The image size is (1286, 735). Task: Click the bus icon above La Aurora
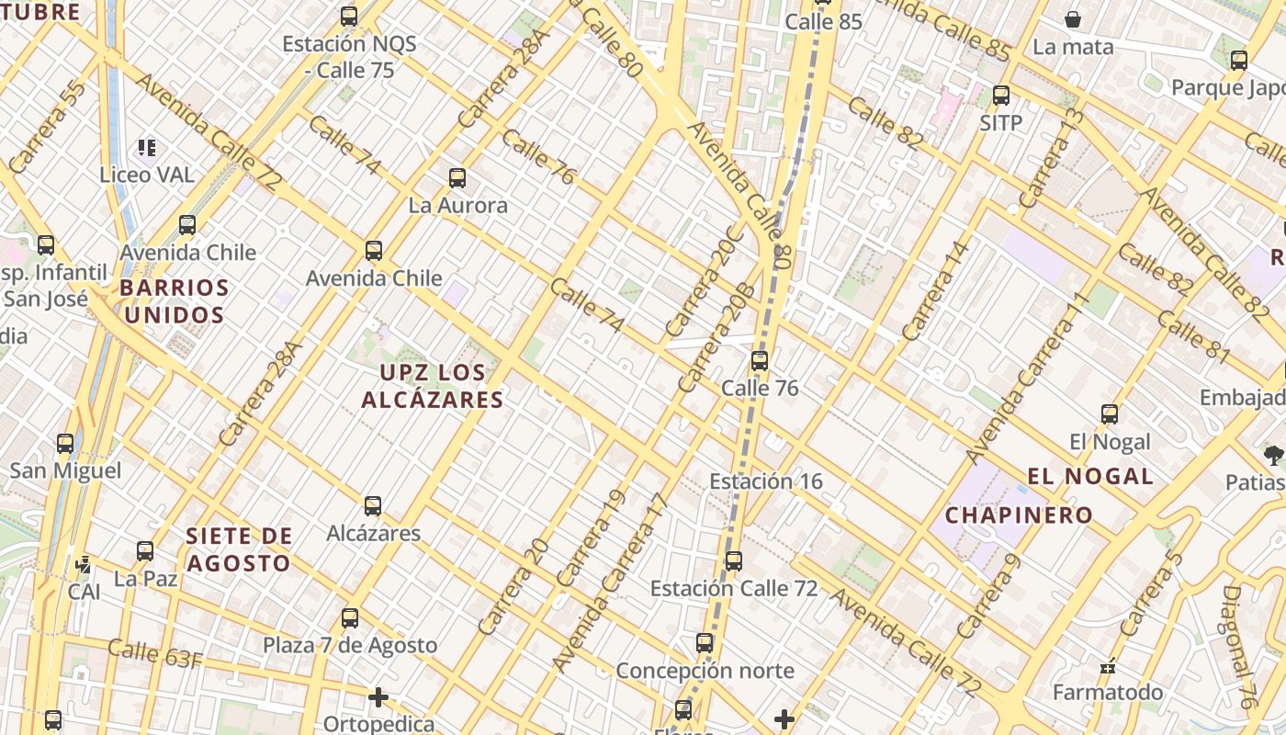tap(457, 178)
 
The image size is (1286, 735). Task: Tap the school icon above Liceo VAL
tap(147, 147)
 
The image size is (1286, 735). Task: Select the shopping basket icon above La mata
tap(1072, 19)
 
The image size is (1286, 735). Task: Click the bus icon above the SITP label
tap(1001, 96)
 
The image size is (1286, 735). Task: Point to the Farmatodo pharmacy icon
tap(1109, 665)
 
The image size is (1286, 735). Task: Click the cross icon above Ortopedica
tap(378, 697)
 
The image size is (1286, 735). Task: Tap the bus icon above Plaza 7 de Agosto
tap(350, 618)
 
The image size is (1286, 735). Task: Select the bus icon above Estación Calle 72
tap(733, 561)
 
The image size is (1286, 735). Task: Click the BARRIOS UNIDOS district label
tap(174, 301)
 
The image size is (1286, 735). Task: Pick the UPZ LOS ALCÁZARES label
tap(433, 386)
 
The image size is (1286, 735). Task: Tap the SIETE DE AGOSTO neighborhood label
tap(239, 549)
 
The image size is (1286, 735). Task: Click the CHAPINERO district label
tap(1019, 515)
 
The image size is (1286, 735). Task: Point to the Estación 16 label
tap(766, 481)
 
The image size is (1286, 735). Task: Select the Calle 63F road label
tap(155, 653)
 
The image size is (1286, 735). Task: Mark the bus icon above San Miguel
tap(65, 444)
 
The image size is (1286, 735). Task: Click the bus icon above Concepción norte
tap(705, 643)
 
